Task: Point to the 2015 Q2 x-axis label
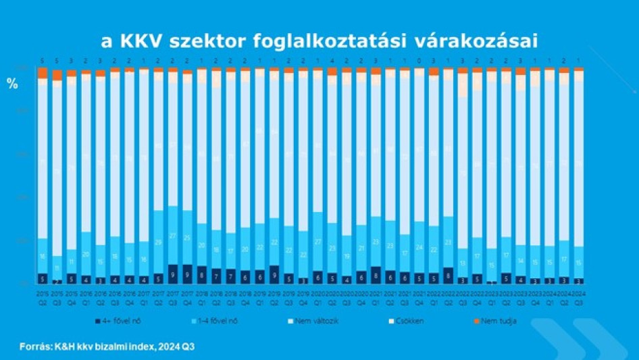[x=42, y=299]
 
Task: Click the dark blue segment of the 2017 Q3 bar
[x=173, y=274]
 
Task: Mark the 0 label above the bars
[x=419, y=60]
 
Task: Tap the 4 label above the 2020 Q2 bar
[x=332, y=60]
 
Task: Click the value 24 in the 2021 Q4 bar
[x=419, y=247]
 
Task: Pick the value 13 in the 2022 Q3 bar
[x=463, y=263]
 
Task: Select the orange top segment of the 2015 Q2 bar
[x=42, y=73]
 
